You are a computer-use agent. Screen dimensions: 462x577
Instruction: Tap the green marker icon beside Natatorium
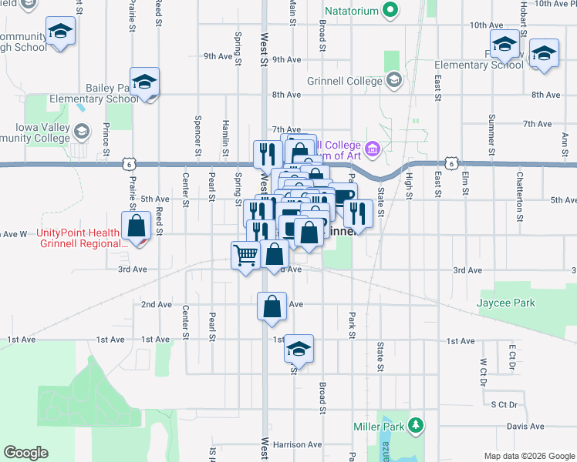[x=390, y=11]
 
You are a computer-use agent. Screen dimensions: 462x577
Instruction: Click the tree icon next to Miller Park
[x=417, y=426]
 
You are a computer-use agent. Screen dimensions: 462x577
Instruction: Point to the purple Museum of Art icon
[x=373, y=149]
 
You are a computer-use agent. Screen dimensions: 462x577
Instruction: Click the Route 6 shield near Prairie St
[x=127, y=163]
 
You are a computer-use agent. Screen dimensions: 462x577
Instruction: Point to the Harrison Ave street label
[x=296, y=445]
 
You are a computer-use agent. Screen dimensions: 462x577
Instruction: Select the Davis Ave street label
[x=525, y=427]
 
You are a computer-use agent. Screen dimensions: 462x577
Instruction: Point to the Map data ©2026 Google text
[x=528, y=456]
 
